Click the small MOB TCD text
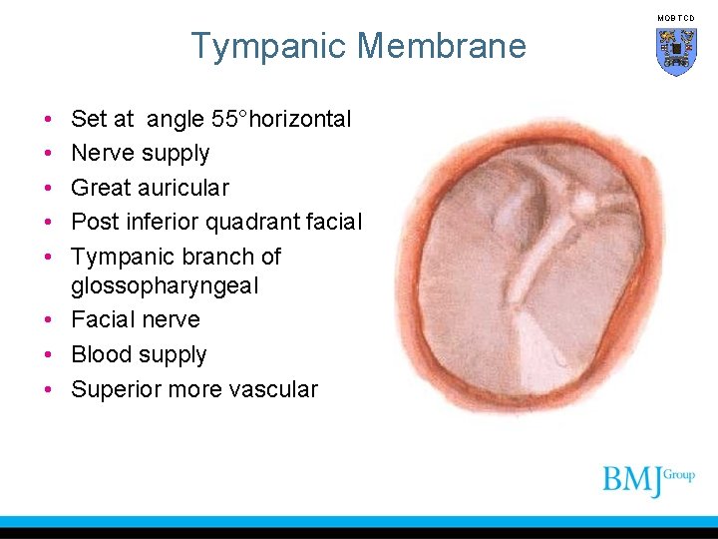click(x=675, y=18)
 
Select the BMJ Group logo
click(x=648, y=479)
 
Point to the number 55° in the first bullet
click(x=230, y=120)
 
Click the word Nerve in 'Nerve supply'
click(x=101, y=154)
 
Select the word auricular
click(x=183, y=188)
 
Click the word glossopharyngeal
click(x=165, y=286)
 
